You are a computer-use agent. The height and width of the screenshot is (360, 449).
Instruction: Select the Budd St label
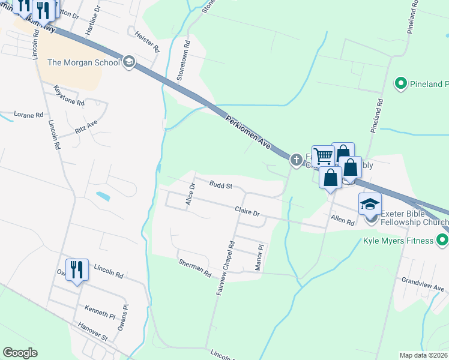pyautogui.click(x=221, y=185)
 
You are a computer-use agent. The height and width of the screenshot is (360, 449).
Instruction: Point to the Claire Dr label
pyautogui.click(x=247, y=212)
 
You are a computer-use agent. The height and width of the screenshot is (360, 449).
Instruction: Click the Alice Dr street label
pyautogui.click(x=191, y=194)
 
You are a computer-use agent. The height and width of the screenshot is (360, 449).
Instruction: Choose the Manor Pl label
pyautogui.click(x=259, y=257)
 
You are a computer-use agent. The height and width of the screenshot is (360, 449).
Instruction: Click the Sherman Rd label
pyautogui.click(x=194, y=268)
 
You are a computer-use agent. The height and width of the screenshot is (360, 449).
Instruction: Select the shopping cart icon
pyautogui.click(x=323, y=157)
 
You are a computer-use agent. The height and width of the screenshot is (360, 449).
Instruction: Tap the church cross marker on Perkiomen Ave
pyautogui.click(x=296, y=160)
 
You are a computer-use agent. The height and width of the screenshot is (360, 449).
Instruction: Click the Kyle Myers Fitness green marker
pyautogui.click(x=442, y=241)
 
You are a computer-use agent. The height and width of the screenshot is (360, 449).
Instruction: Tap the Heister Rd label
pyautogui.click(x=148, y=41)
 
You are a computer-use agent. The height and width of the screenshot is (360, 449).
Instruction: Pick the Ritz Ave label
pyautogui.click(x=86, y=127)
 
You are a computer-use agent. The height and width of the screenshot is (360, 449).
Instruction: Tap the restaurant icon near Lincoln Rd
pyautogui.click(x=77, y=270)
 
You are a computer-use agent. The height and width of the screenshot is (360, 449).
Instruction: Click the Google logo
pyautogui.click(x=20, y=353)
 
